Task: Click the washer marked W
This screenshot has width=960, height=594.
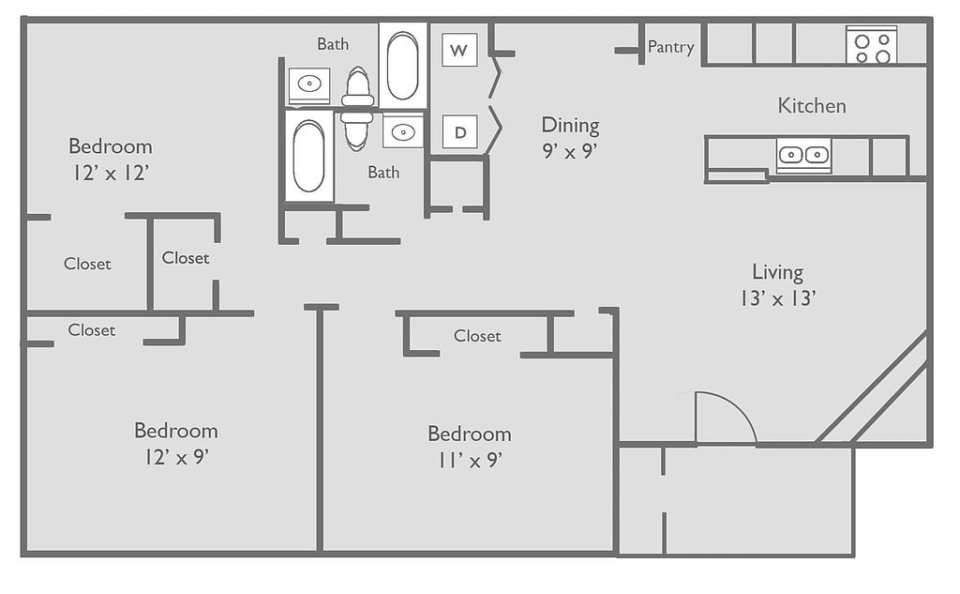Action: point(459,50)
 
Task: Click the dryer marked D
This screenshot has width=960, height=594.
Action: point(459,131)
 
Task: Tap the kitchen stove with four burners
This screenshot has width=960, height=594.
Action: point(871,45)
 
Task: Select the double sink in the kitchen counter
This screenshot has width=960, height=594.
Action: point(803,155)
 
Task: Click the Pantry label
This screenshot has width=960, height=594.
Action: point(671,47)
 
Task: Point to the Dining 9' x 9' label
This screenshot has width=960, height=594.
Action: point(570,137)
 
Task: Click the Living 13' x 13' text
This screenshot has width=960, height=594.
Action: point(777,285)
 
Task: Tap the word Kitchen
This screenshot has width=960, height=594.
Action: point(812,105)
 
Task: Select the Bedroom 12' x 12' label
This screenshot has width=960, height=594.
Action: point(111,159)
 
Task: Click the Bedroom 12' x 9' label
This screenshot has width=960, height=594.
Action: point(175,443)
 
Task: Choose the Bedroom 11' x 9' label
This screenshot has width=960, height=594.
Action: point(470,447)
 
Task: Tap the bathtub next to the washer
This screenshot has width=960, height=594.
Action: point(402,66)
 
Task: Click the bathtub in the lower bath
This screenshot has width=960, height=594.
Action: point(308,156)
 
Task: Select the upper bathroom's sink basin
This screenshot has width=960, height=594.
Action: point(309,84)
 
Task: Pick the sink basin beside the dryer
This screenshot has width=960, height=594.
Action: point(403,131)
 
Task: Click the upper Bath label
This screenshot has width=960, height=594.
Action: point(333,44)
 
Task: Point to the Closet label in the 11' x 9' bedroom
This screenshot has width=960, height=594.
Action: point(477,336)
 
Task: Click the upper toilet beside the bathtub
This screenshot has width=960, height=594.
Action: point(358,86)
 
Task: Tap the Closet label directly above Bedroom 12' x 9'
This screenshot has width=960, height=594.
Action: point(91,329)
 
